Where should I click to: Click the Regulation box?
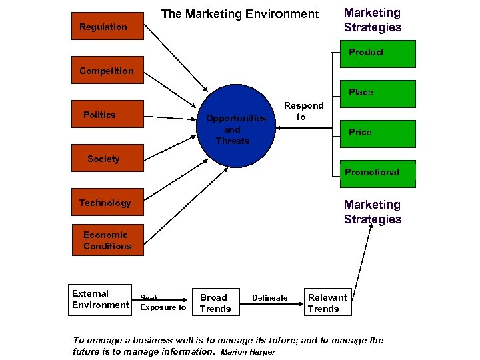[107, 27]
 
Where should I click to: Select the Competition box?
[107, 71]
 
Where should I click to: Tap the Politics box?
[107, 115]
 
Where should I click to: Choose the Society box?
[107, 159]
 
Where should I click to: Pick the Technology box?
[107, 203]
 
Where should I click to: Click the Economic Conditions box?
[107, 241]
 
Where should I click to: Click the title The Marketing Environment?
[240, 14]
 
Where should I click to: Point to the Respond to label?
[303, 111]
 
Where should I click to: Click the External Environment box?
[101, 299]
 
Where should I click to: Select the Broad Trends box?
[215, 303]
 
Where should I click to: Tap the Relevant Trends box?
[327, 303]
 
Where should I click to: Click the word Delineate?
[270, 298]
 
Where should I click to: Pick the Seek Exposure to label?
[163, 303]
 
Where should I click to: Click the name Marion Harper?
[247, 351]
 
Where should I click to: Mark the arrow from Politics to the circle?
[173, 117]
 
